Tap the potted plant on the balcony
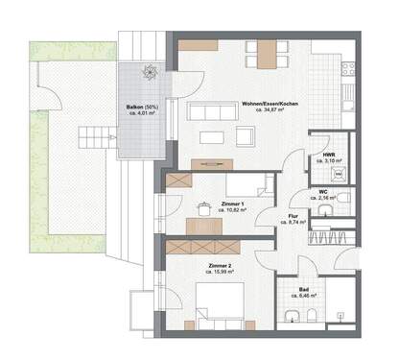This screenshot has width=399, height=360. click(x=149, y=70)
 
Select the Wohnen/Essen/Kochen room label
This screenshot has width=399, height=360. click(x=271, y=104)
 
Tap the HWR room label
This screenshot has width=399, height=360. click(x=328, y=154)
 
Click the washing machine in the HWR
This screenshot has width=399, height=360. click(x=337, y=174)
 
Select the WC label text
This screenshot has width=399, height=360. click(x=324, y=190)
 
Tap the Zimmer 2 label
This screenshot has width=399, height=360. click(x=221, y=264)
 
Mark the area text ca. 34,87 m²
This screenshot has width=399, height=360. click(x=271, y=110)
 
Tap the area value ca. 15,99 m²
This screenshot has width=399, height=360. click(x=221, y=271)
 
